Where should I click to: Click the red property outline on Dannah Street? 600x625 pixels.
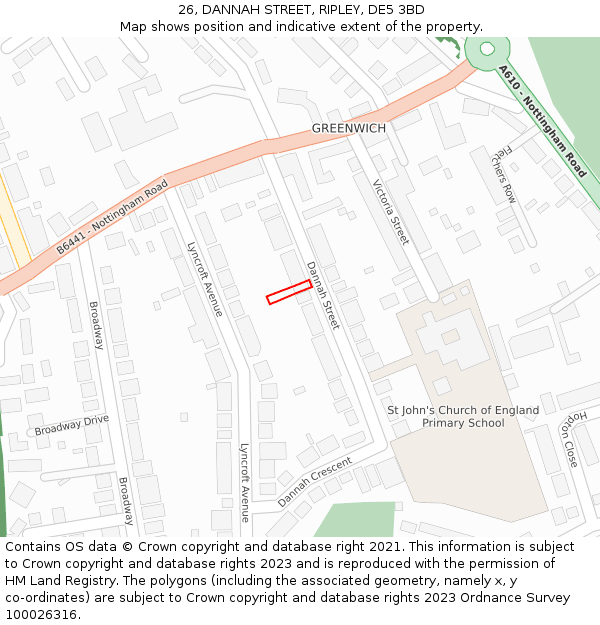(x=289, y=292)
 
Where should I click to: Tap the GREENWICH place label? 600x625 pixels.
(x=348, y=128)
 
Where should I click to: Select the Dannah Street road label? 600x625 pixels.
(x=323, y=296)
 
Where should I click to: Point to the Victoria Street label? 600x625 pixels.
(x=391, y=212)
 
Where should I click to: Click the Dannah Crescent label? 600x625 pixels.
(x=315, y=482)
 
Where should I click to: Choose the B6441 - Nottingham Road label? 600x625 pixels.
(x=112, y=217)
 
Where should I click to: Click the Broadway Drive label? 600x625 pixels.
(x=72, y=425)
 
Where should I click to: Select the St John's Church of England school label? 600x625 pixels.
(x=463, y=416)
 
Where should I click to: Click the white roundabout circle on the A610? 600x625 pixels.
(x=487, y=48)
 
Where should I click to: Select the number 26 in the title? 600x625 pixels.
(x=186, y=10)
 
